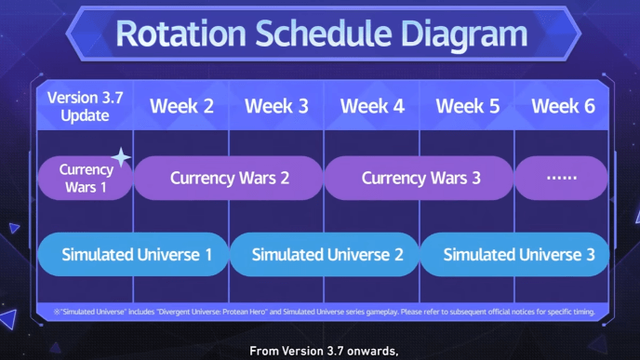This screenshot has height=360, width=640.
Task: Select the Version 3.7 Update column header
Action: click(85, 106)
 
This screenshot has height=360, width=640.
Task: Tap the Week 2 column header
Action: click(181, 106)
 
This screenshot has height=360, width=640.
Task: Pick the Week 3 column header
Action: click(276, 106)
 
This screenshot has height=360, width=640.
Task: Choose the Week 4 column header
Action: click(372, 106)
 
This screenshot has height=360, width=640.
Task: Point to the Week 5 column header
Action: click(467, 106)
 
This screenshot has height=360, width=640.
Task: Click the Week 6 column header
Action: click(563, 106)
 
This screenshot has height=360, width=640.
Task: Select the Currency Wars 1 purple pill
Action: click(85, 179)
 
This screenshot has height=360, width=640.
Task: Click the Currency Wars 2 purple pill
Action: click(229, 179)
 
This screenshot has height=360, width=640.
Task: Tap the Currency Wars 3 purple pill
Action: click(420, 179)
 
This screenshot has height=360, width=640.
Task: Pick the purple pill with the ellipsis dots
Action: click(561, 179)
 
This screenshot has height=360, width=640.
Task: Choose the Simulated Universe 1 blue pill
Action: click(133, 255)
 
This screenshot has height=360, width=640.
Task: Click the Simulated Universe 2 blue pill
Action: click(325, 255)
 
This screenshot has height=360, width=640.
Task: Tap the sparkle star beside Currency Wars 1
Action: click(121, 157)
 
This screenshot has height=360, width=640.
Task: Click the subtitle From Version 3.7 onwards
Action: click(324, 351)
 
